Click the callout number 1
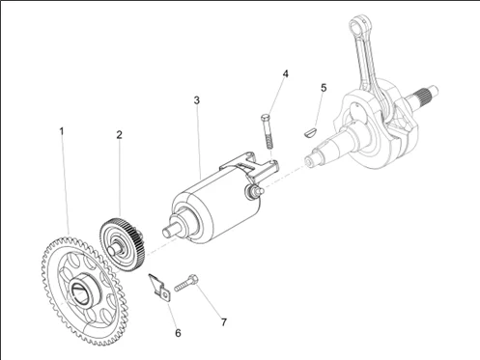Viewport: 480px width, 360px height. (62, 131)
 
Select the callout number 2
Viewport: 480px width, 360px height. (120, 135)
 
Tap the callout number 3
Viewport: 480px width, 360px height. (197, 100)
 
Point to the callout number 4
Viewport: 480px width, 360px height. (285, 74)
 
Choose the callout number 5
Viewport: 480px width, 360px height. (324, 88)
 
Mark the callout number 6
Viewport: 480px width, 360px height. (178, 333)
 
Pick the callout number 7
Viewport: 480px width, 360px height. (224, 322)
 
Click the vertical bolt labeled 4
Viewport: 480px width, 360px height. (268, 131)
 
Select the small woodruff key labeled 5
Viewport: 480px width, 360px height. (311, 132)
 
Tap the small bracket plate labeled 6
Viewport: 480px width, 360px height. (159, 288)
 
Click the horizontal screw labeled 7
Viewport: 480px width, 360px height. (186, 283)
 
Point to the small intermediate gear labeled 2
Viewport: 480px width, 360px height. (123, 244)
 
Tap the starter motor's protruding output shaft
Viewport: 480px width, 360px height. (170, 231)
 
